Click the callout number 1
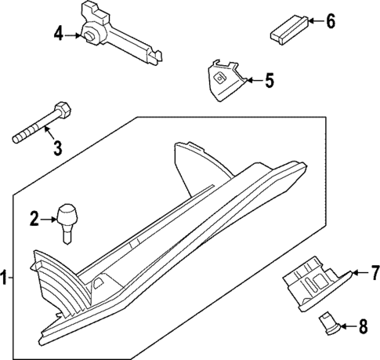(5, 277)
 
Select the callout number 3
(56, 147)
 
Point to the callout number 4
(58, 34)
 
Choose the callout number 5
(269, 80)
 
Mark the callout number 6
(330, 22)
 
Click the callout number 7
(374, 273)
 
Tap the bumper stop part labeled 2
(69, 215)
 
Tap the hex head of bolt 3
(62, 109)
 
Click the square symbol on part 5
(221, 78)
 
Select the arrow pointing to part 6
(313, 22)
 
